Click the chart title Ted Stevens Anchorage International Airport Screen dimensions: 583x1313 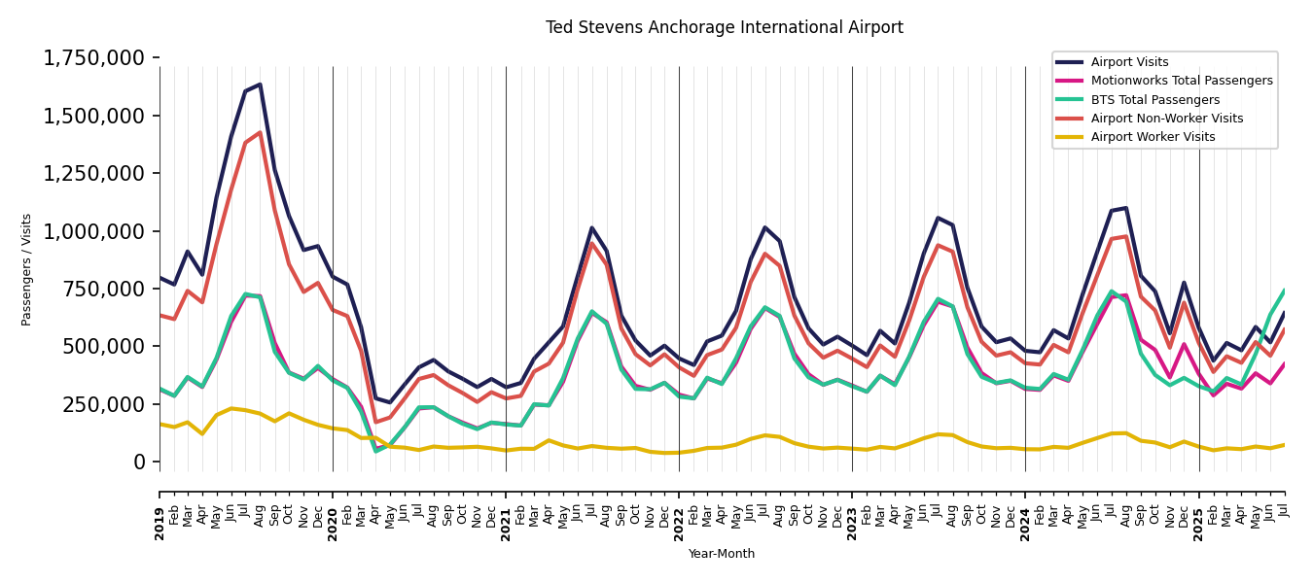(724, 28)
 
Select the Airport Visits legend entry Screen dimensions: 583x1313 (1129, 62)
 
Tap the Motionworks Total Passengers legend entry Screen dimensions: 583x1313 (1181, 81)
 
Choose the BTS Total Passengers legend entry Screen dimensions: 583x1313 (1154, 100)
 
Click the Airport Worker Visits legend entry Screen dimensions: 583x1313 (1153, 137)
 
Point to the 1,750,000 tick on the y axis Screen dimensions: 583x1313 (94, 58)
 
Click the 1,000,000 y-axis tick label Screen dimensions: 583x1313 (94, 231)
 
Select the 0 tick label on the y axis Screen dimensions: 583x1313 (139, 462)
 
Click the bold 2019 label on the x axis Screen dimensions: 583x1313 (160, 510)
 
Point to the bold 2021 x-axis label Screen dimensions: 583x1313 (506, 510)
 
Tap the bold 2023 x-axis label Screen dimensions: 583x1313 (852, 510)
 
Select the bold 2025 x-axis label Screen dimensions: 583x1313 (1198, 510)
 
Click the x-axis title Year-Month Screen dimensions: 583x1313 (721, 554)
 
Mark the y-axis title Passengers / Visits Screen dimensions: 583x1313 (27, 269)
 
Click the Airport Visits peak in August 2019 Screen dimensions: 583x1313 (260, 85)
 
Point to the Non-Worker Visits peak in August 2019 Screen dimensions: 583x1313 (260, 132)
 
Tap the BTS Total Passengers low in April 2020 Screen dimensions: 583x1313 (375, 451)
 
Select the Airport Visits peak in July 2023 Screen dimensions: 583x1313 (938, 218)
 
